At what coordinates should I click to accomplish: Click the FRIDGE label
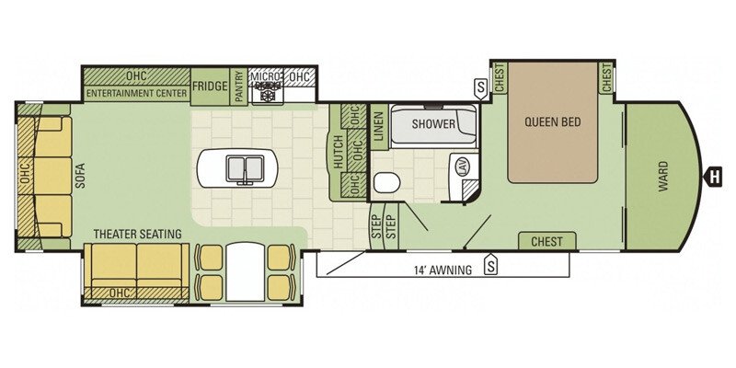210,86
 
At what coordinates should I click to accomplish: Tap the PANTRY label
238,86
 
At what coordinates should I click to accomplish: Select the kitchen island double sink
244,168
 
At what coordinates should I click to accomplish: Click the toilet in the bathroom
386,182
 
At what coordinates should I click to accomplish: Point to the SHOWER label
433,124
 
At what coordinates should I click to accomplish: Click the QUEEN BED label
553,122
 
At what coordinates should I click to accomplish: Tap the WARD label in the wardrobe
662,176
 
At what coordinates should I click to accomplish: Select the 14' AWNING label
443,270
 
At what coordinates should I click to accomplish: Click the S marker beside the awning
491,265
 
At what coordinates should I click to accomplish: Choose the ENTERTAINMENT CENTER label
136,94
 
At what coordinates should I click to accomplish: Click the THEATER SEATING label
137,234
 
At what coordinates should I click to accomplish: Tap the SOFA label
80,176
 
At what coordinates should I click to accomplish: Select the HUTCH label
338,153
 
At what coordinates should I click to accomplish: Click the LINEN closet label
379,127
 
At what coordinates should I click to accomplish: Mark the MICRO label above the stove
266,76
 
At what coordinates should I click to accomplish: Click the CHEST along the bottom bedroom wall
546,242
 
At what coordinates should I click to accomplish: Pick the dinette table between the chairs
245,271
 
